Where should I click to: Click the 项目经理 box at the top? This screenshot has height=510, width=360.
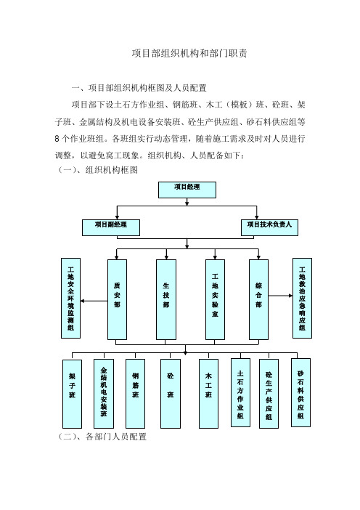187,190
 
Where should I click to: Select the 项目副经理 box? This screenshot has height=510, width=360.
111,227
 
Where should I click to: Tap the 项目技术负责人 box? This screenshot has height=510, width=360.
269,227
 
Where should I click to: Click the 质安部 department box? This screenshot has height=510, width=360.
117,299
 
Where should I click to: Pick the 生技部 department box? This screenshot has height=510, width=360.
166,299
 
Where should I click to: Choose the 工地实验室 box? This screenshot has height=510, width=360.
215,299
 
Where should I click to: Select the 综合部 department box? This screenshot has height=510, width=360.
258,299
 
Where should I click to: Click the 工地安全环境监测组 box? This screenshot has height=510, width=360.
71,299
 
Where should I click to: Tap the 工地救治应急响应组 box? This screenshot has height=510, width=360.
302,299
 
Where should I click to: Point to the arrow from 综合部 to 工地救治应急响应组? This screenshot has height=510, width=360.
280,296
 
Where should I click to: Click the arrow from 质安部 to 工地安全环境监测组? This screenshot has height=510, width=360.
94,301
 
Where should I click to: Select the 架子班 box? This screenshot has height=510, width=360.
72,394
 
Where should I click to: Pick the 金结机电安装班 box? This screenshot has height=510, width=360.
104,394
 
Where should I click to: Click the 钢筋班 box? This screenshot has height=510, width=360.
135,394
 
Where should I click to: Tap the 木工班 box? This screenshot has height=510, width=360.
208,394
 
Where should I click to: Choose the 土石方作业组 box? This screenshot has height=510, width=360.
240,392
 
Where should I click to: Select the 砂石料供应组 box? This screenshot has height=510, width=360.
301,392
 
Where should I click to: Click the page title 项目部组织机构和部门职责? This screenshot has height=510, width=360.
189,53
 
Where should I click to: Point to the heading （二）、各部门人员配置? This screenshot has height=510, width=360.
102,437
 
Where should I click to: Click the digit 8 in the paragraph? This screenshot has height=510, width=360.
57,139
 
